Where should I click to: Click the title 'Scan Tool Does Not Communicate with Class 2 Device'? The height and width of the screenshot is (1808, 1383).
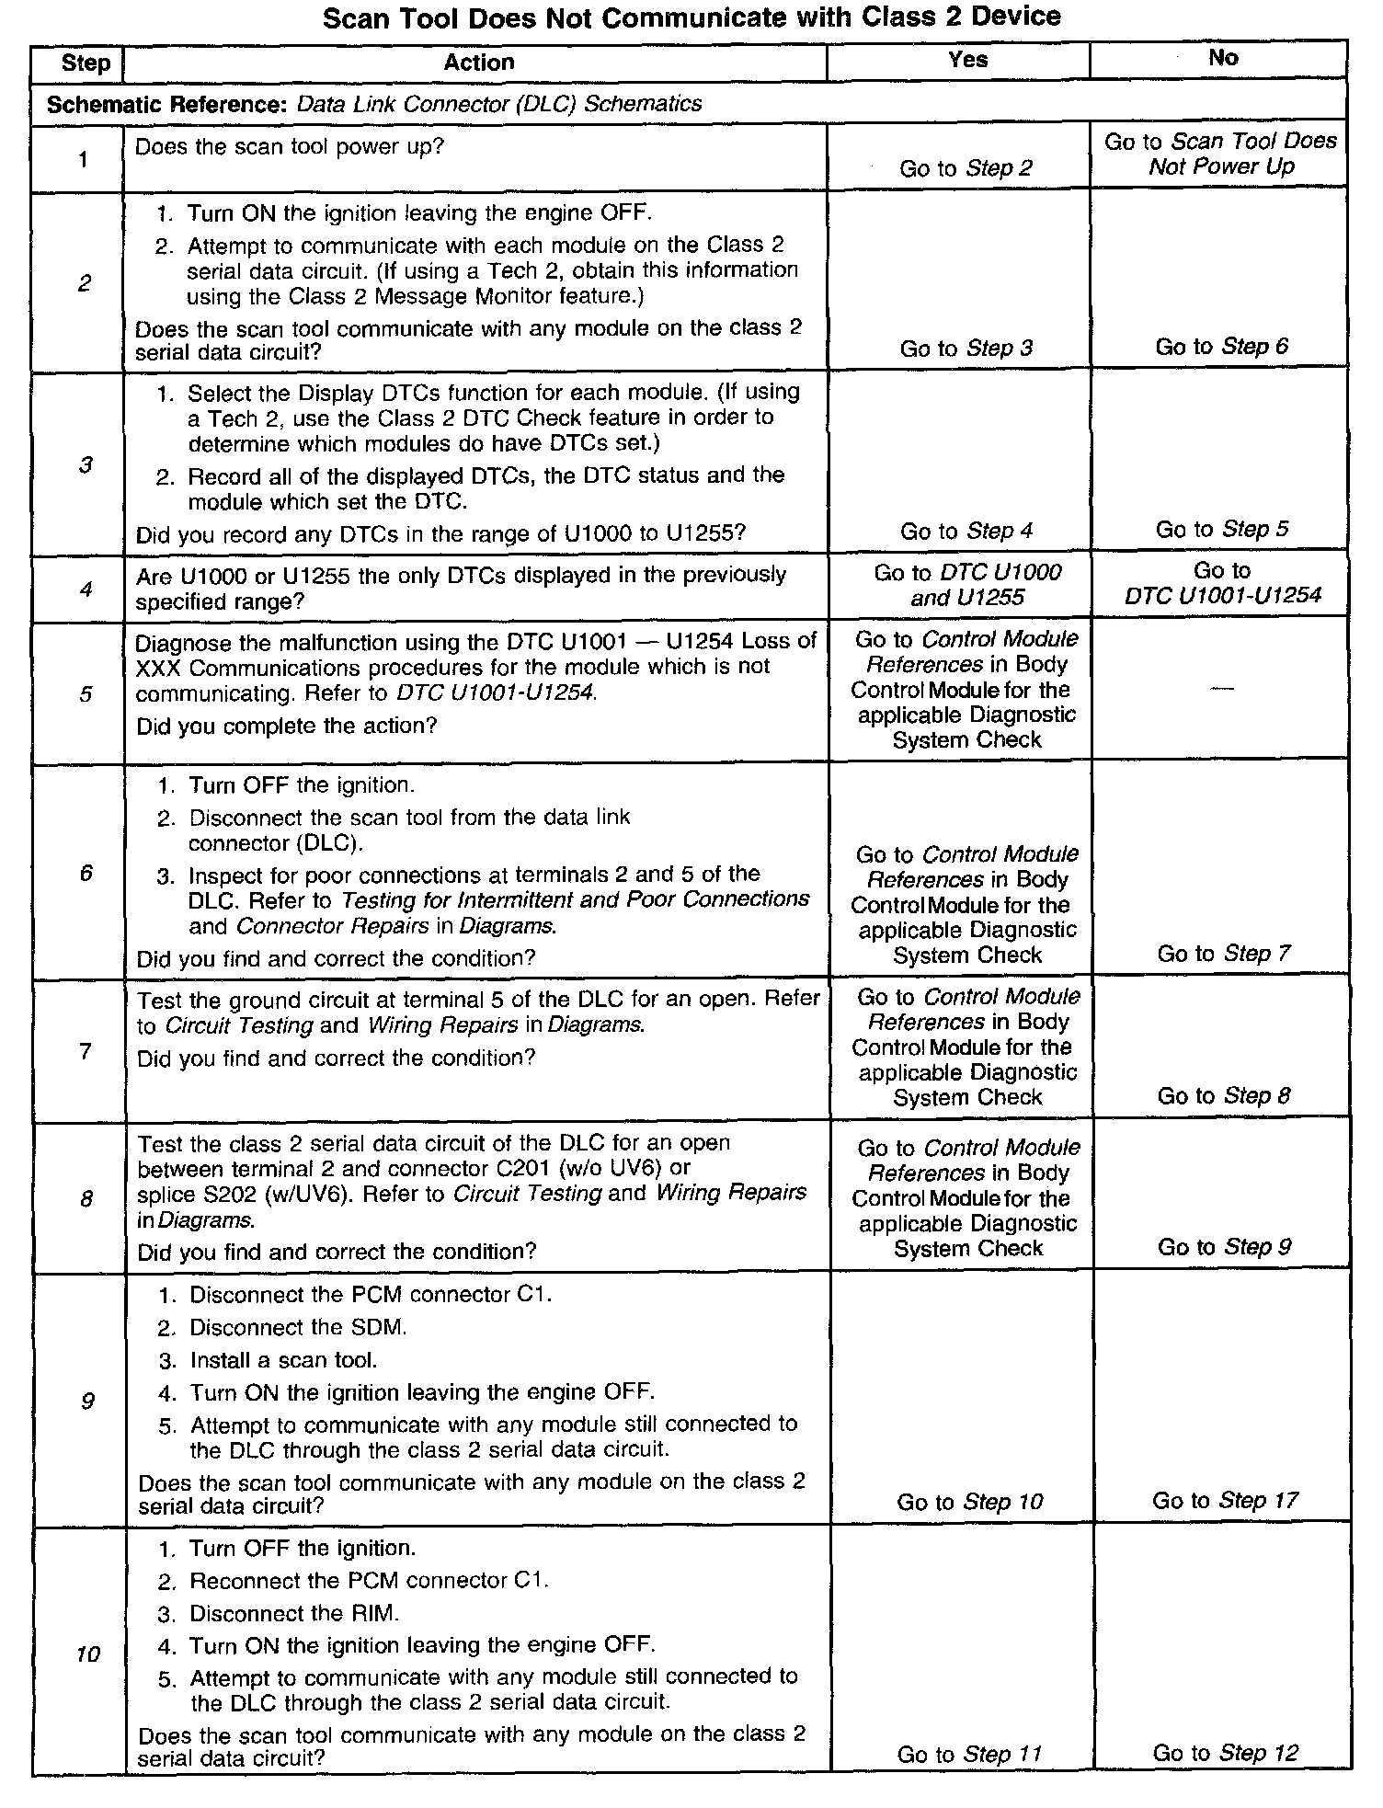(x=691, y=17)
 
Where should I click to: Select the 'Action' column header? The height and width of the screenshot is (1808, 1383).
(x=478, y=63)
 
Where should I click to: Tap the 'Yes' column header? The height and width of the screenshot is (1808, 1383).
(x=967, y=60)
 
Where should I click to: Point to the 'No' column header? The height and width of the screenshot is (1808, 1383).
(x=1223, y=58)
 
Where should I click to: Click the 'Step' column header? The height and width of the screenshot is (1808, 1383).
(x=85, y=63)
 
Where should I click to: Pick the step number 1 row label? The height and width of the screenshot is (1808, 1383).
(x=84, y=159)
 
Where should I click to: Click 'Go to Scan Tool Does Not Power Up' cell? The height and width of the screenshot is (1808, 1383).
(x=1220, y=154)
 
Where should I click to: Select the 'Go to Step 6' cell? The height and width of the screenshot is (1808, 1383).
(x=1221, y=347)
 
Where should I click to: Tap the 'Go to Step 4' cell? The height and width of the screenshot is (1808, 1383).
(x=966, y=531)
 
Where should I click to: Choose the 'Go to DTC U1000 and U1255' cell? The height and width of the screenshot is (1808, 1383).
(x=967, y=585)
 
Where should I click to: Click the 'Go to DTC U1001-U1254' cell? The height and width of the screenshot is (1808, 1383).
(x=1222, y=583)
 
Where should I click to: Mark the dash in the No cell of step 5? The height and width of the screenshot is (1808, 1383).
(x=1222, y=690)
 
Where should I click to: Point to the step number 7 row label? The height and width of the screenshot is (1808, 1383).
(x=86, y=1050)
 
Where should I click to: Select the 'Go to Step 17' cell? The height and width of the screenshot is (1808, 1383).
(x=1225, y=1501)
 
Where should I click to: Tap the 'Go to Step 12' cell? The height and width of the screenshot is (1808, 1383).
(x=1225, y=1753)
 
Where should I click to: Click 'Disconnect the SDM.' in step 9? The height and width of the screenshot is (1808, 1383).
(x=297, y=1327)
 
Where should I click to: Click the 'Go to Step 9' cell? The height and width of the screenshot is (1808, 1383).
(x=1224, y=1247)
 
